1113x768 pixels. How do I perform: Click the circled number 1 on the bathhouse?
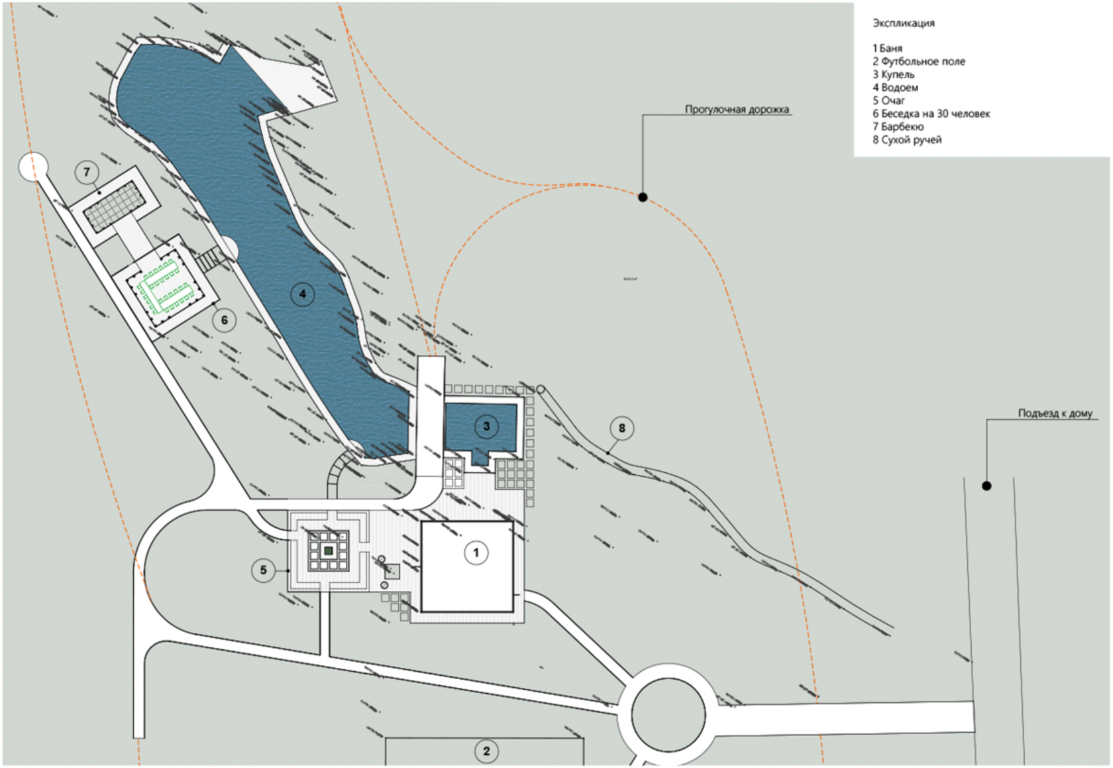click(x=476, y=552)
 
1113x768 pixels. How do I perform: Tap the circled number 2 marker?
click(x=486, y=751)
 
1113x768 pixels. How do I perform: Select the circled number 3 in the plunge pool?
click(x=486, y=426)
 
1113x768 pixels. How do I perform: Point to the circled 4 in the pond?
click(x=303, y=294)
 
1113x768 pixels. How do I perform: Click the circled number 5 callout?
click(x=264, y=570)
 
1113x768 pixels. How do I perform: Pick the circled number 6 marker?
click(x=225, y=320)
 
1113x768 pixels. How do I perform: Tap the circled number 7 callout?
click(x=87, y=172)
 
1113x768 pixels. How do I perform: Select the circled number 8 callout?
click(x=621, y=428)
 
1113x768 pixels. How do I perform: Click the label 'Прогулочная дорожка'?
click(x=737, y=109)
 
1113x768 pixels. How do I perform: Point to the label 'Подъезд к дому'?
click(x=1055, y=413)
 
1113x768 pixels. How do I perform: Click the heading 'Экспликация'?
click(x=903, y=23)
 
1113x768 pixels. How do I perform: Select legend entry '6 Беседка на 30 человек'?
click(x=931, y=113)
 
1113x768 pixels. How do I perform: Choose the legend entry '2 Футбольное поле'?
click(x=918, y=61)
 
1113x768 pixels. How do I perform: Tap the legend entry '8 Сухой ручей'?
click(x=906, y=140)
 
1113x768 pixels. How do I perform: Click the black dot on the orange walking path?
click(x=643, y=197)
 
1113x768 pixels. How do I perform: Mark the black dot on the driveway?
click(x=986, y=486)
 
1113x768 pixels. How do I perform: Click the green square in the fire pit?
click(x=328, y=550)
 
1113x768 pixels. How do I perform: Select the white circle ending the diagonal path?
click(x=33, y=166)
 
